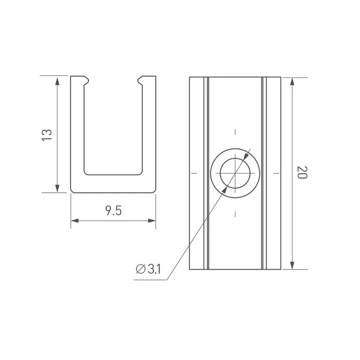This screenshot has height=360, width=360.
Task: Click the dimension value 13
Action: [x=47, y=135]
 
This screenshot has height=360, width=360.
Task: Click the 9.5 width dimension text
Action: [x=113, y=210]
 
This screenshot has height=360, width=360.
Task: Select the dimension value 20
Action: [x=302, y=172]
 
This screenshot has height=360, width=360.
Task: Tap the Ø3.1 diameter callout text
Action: [x=148, y=269]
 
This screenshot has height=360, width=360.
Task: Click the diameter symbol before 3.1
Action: [x=141, y=269]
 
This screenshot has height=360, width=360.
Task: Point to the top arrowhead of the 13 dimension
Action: [x=57, y=82]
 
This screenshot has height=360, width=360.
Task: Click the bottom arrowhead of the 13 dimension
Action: [x=57, y=187]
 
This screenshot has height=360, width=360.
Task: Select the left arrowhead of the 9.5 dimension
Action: [x=75, y=221]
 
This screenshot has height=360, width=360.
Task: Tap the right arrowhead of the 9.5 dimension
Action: [x=152, y=221]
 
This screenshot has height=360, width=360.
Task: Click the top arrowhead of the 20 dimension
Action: [x=292, y=82]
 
